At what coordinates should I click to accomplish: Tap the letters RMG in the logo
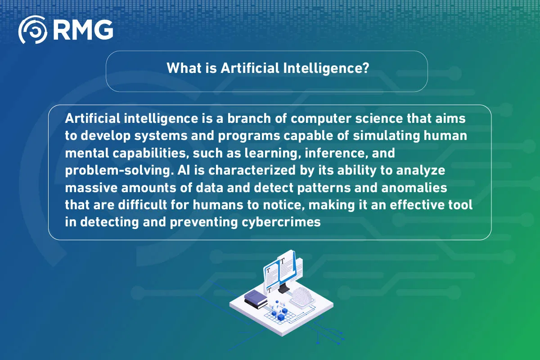(83, 30)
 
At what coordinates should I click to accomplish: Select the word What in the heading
(181, 68)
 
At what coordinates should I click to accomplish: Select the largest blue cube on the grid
(281, 318)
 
